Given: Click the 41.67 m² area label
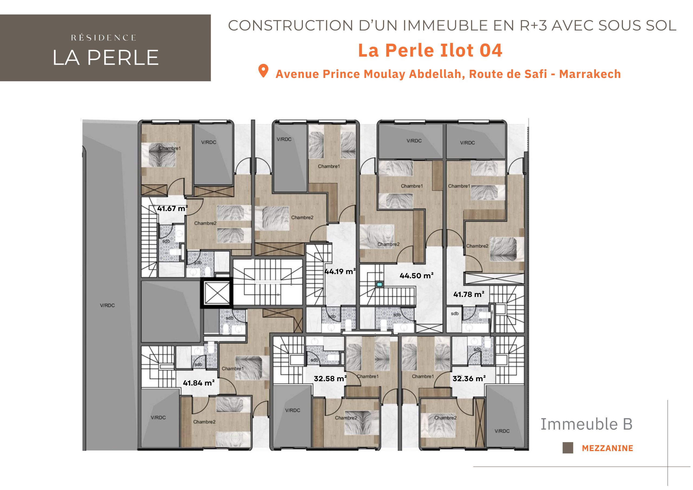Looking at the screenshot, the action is point(172,208).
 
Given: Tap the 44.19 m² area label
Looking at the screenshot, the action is point(340,272).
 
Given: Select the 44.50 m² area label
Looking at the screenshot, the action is point(417,276).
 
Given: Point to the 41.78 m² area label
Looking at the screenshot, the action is point(469,294).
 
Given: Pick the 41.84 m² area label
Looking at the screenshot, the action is point(199,383).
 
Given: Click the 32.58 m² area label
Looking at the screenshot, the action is point(330,378).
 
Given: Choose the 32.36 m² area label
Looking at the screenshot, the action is point(469,378).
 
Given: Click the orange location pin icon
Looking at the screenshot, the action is point(263,71).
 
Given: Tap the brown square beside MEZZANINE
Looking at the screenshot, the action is point(568,448).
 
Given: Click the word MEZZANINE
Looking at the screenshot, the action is point(607,448).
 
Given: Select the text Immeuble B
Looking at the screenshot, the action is point(586,424).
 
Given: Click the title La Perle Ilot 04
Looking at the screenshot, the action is point(430,50).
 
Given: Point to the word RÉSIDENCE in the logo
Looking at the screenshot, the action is point(103,38).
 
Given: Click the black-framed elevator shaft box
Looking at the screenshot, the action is point(216,293).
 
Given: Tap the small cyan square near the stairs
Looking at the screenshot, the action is point(380,285).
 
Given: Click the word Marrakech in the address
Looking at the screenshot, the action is point(590,74).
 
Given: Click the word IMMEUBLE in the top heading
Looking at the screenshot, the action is point(445,26).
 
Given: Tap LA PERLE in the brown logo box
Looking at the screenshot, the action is point(105,57).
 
